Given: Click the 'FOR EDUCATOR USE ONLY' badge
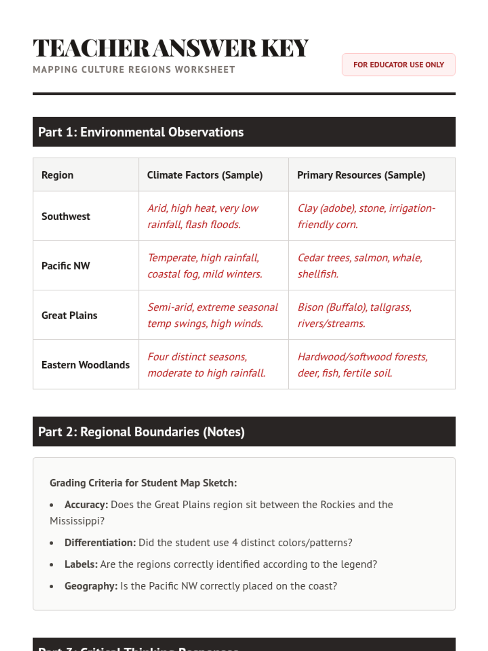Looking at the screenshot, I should [398, 65].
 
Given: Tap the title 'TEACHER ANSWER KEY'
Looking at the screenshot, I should [171, 48].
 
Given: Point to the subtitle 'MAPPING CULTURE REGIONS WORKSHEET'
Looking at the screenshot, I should [134, 70].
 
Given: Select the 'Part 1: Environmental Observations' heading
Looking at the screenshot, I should [141, 132].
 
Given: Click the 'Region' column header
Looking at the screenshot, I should [57, 175].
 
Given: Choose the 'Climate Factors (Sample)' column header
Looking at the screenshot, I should [205, 175].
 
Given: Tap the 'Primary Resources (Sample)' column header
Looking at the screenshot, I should [361, 175].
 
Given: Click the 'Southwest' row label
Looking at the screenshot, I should [65, 216].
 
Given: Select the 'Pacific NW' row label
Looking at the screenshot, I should [65, 266].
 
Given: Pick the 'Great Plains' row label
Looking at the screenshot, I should [69, 315].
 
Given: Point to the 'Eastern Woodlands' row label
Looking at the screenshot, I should [85, 365].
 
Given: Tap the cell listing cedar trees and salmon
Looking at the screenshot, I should [359, 266].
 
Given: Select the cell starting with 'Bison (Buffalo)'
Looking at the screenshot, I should [354, 315].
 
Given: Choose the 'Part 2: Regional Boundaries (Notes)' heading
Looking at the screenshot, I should [141, 432].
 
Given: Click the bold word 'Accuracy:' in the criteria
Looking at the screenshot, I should [86, 505].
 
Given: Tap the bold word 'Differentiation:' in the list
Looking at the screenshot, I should [100, 543].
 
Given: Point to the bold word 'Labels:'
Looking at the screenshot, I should [81, 564].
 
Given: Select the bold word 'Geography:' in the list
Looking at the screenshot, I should [91, 586].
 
